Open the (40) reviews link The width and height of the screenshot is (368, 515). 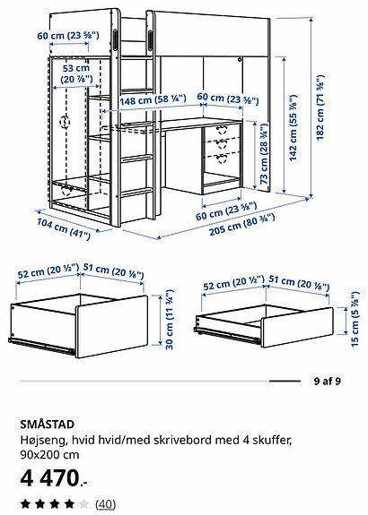(105, 504)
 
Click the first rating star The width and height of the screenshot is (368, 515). (26, 504)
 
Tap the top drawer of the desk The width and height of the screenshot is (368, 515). (220, 132)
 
